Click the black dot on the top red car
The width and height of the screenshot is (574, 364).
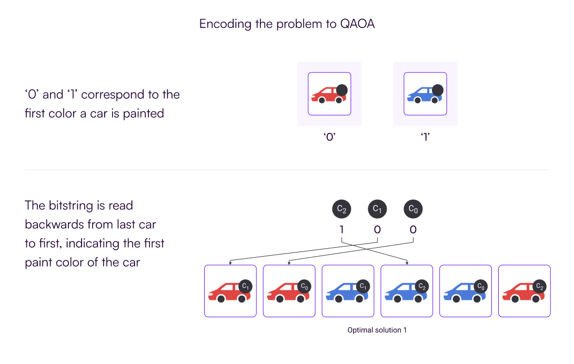coord(341,90)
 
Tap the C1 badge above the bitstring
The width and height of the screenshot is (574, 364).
coord(377,209)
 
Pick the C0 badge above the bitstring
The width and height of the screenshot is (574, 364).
coord(412,209)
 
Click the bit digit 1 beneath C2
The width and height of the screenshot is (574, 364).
coord(342,230)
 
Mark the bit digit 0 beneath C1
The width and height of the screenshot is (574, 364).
coord(377,230)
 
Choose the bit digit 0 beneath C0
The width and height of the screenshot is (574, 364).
coord(412,230)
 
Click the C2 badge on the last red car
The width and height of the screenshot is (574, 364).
coord(539,286)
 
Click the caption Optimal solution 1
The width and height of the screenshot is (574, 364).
coord(377,330)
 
